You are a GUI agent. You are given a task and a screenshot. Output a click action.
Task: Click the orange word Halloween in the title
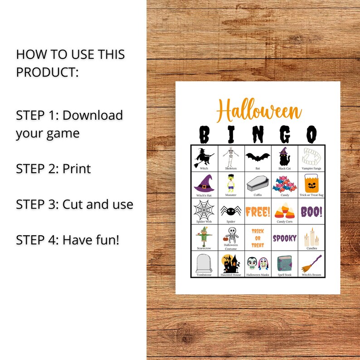point(259,111)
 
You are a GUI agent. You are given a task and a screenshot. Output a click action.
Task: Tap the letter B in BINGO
point(204,135)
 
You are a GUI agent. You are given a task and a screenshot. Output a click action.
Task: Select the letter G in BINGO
point(285,135)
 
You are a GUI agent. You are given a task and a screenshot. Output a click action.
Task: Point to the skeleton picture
point(231,157)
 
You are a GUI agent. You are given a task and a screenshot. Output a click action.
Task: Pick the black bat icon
point(258,157)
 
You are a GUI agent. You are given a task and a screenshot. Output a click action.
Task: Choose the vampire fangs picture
point(311,156)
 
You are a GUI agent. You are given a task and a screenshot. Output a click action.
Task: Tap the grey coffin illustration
point(258,184)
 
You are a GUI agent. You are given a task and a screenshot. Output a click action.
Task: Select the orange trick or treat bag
point(311,183)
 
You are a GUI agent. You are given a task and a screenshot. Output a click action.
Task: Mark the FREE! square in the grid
point(258,211)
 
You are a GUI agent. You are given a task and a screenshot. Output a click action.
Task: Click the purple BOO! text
point(311,211)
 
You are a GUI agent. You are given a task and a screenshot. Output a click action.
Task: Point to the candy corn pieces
point(285,210)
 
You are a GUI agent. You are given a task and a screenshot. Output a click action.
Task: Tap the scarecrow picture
point(204,236)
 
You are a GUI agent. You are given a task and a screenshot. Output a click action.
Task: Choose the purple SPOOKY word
point(285,238)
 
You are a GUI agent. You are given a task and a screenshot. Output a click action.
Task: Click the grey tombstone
point(204,263)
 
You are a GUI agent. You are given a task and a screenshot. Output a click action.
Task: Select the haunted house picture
point(231,263)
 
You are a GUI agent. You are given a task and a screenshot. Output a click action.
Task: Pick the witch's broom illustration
point(311,263)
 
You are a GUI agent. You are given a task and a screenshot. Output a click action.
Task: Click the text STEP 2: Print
point(54,169)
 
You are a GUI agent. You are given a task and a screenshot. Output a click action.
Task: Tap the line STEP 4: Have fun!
point(68,239)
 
